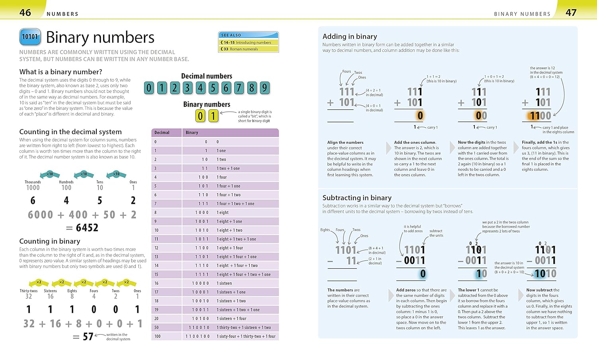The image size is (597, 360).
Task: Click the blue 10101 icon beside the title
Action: point(30,37)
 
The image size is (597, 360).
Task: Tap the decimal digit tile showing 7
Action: point(239,88)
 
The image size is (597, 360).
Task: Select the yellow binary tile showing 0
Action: point(200,116)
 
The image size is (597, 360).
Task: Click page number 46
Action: point(25,12)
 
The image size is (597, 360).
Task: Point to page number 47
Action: point(571,12)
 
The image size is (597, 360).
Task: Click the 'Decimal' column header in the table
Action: point(162,133)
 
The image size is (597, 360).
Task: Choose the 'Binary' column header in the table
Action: point(192,133)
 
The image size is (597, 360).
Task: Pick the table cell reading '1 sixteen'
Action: point(224,283)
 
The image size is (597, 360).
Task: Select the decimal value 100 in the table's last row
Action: point(158,337)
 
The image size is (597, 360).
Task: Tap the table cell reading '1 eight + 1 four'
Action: point(230,248)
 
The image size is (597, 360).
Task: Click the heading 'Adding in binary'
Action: point(349,36)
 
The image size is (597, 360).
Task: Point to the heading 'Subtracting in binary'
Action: point(357,198)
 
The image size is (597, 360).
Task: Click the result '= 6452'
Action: point(82,227)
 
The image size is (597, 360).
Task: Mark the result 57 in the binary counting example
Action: point(88,337)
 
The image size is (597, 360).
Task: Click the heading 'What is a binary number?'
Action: point(60,72)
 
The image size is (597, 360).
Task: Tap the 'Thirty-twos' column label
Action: point(29,291)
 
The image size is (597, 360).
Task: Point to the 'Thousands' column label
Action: point(33,182)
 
